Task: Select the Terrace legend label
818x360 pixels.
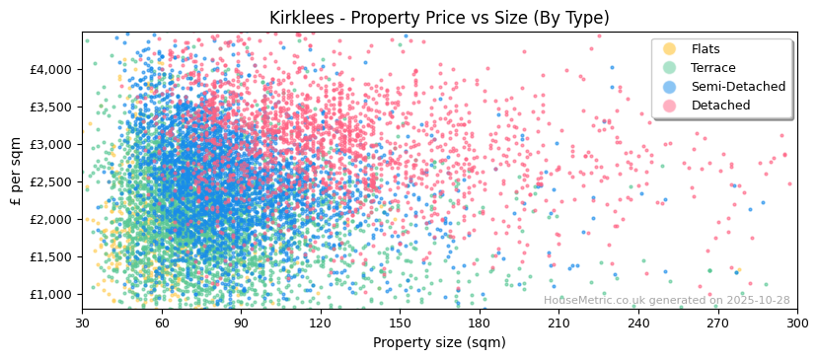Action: (x=713, y=68)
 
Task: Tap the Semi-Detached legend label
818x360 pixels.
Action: (x=738, y=87)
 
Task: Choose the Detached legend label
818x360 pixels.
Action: (x=720, y=106)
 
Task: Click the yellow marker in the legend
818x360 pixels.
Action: (x=669, y=49)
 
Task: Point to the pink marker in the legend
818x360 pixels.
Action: (x=669, y=106)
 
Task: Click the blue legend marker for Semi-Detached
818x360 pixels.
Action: (x=669, y=87)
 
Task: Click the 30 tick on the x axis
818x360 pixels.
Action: (x=82, y=323)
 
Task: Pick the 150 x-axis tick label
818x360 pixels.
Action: (x=400, y=323)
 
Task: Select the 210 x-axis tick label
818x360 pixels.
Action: (x=558, y=323)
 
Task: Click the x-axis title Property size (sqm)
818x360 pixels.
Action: (x=439, y=342)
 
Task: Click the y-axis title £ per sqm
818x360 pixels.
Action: (x=16, y=172)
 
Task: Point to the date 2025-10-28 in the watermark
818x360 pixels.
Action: (x=756, y=301)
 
